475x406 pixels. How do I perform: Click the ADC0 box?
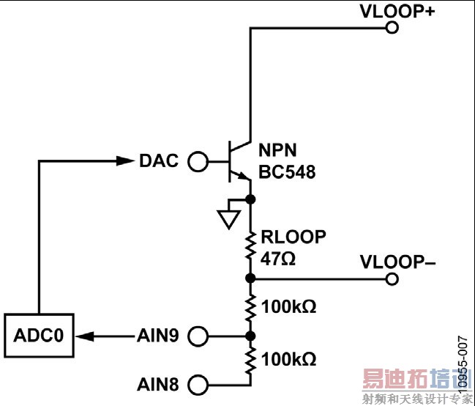click(x=39, y=336)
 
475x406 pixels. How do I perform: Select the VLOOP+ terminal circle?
click(x=392, y=28)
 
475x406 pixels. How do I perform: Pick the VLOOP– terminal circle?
click(x=392, y=278)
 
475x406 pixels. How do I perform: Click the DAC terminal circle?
click(x=198, y=161)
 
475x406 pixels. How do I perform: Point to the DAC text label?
click(x=159, y=161)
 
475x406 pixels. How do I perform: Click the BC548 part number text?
click(x=286, y=173)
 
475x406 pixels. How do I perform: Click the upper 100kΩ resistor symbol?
click(x=250, y=306)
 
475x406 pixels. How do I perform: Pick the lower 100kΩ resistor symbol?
click(x=250, y=360)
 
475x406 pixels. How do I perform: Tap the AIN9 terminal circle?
click(x=198, y=336)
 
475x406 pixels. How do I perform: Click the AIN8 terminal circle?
click(x=198, y=384)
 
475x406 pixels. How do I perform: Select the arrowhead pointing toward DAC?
click(x=125, y=161)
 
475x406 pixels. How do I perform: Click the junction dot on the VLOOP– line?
click(x=250, y=278)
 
